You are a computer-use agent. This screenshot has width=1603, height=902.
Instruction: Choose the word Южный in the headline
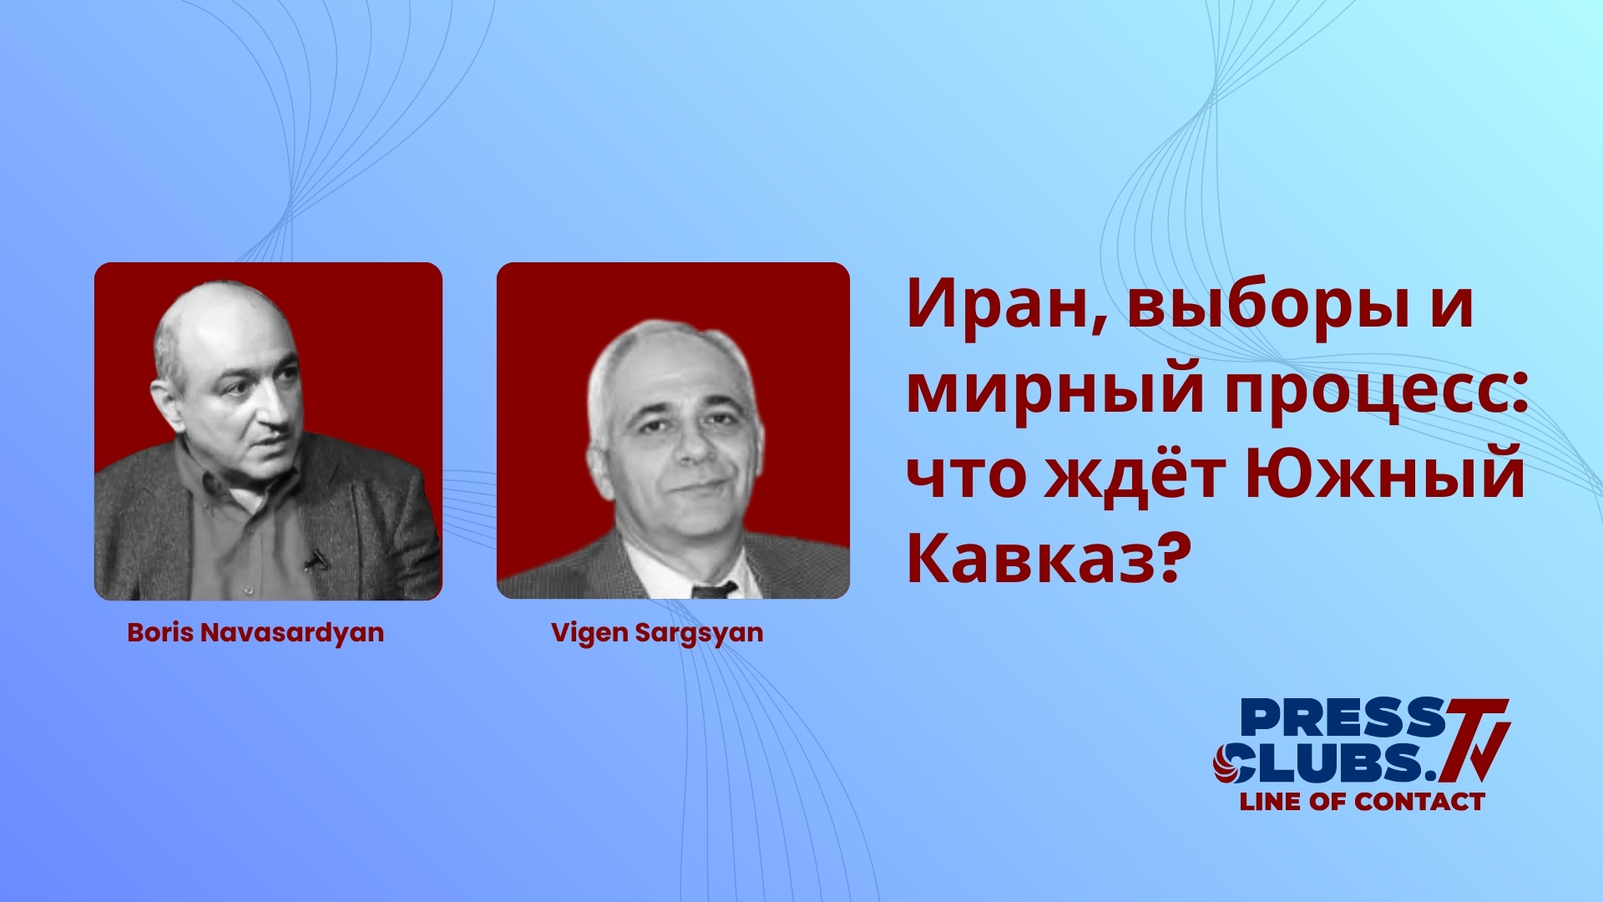1386,474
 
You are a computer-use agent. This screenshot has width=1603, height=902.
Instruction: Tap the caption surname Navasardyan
292,632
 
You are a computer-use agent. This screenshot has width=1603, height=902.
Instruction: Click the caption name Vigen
589,632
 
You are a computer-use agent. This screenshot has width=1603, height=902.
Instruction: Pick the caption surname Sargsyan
699,632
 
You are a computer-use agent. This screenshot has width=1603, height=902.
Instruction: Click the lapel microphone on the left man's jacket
316,559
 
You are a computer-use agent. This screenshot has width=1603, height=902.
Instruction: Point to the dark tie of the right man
714,590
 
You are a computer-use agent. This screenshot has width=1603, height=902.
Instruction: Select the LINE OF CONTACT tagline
1362,802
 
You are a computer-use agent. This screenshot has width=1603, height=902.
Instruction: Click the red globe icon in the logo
1230,763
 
